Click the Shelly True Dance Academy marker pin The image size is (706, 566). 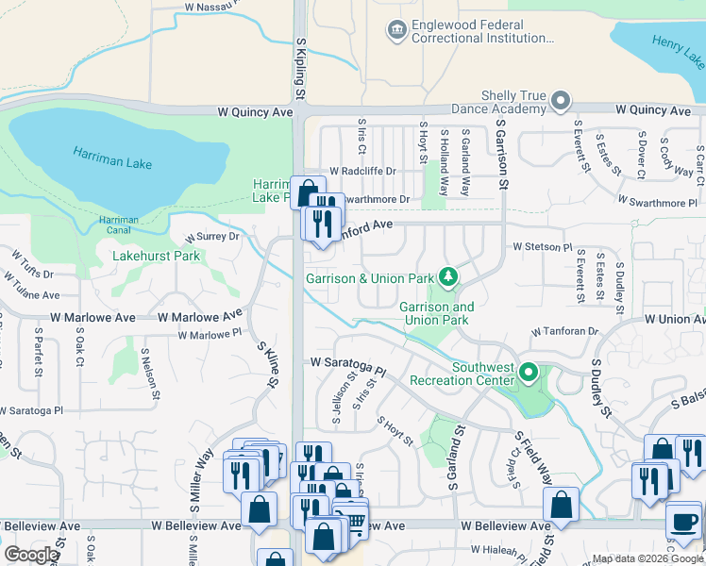click(562, 100)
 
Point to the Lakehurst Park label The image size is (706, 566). click(156, 256)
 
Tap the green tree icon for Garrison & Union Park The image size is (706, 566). click(449, 277)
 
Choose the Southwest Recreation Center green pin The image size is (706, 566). click(529, 374)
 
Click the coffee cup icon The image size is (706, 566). click(682, 520)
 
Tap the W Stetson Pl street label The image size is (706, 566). click(543, 247)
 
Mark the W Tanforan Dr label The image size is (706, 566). click(565, 332)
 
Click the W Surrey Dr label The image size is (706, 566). click(212, 236)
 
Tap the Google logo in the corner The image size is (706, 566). click(31, 555)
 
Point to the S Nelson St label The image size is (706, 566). click(148, 372)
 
